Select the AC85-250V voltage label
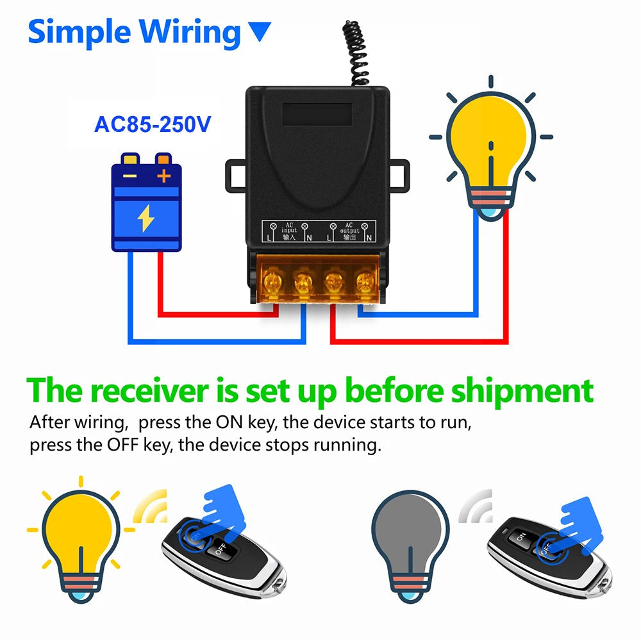tap(152, 124)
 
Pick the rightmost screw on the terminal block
tap(365, 281)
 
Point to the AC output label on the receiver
tap(349, 230)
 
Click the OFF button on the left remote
tap(219, 550)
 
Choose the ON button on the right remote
tap(521, 536)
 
